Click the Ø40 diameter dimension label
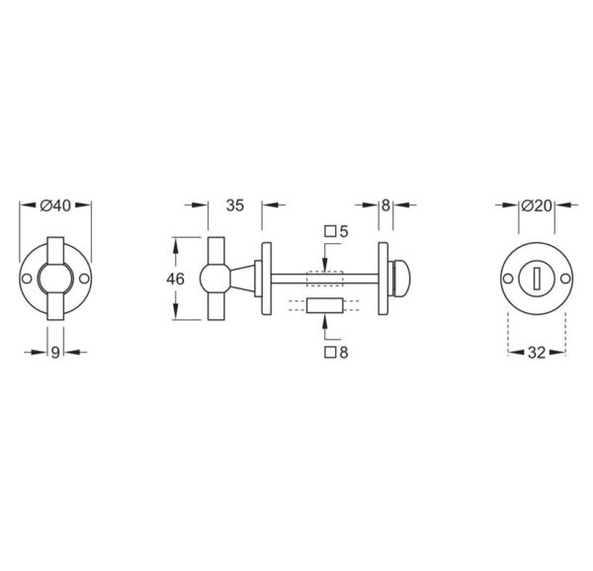tap(55, 205)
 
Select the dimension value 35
tap(235, 205)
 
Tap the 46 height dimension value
tap(176, 279)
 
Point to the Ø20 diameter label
tap(537, 205)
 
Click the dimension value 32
tap(537, 353)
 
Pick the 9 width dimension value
tap(55, 353)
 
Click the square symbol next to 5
tap(330, 231)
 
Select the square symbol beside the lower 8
tap(330, 353)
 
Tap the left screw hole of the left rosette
tap(27, 279)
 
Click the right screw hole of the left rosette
tap(84, 279)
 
